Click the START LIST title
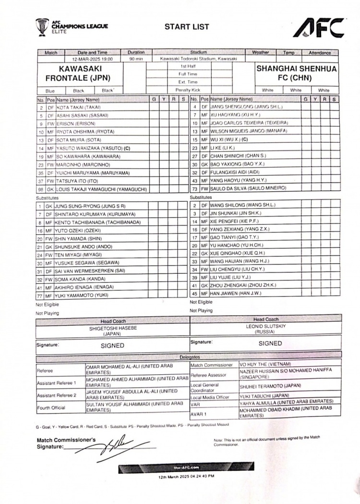[x=187, y=27]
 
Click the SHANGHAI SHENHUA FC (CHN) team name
[x=297, y=74]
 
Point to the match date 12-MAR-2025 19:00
[x=93, y=59]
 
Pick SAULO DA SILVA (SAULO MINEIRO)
[x=248, y=188]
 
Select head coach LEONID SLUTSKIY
[x=265, y=328]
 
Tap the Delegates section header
[x=190, y=357]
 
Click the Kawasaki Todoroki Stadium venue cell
[x=198, y=59]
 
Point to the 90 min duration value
[x=136, y=59]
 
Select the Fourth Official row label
[x=50, y=407]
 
